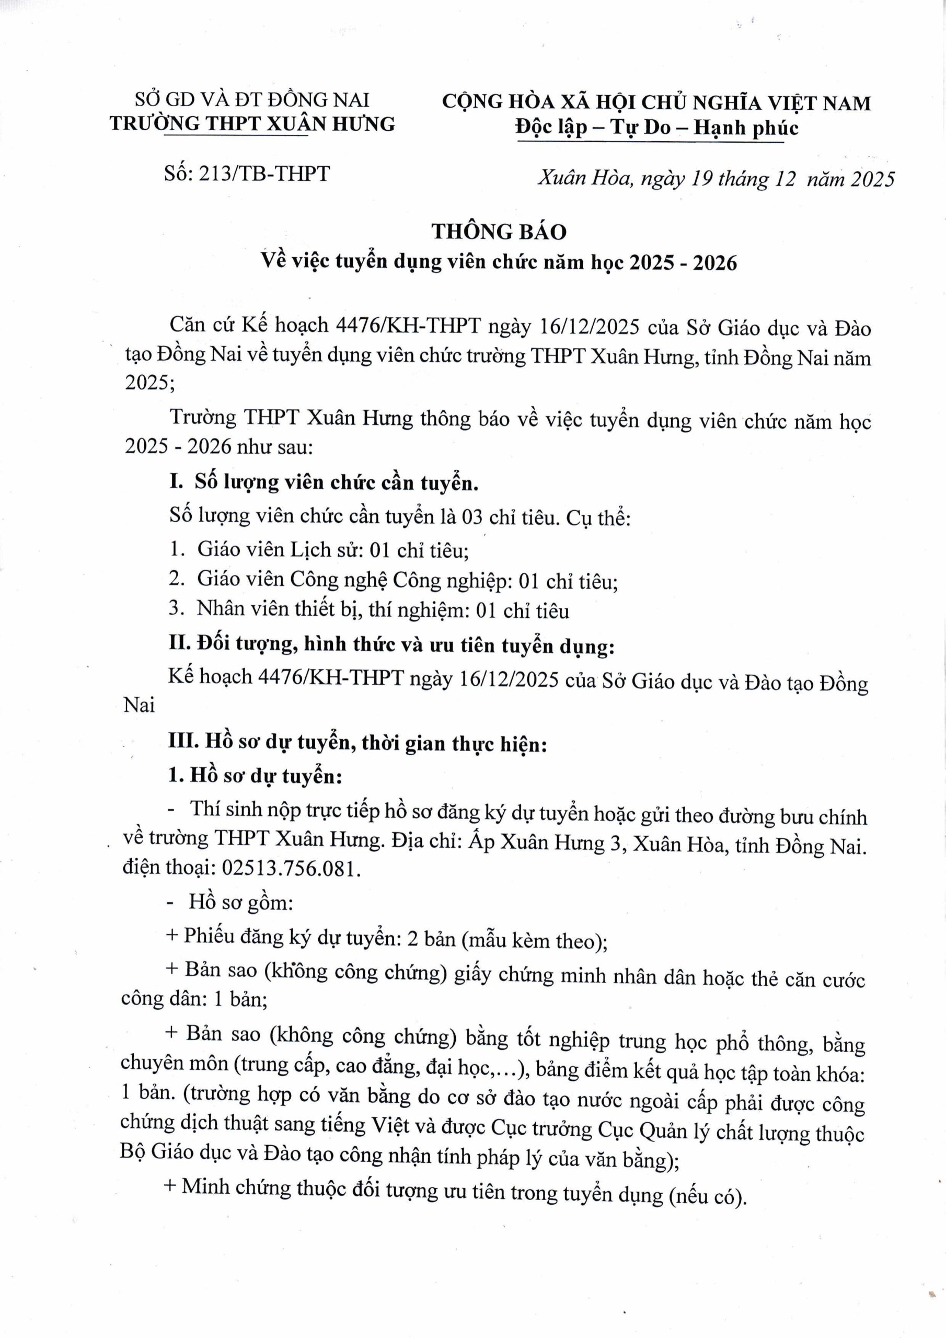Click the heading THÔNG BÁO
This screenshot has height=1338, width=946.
(499, 232)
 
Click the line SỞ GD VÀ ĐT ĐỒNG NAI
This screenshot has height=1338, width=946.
(252, 100)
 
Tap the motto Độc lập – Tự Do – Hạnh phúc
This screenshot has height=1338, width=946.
(656, 128)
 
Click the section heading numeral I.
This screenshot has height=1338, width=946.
(176, 482)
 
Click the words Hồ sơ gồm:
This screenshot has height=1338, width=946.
(240, 903)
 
